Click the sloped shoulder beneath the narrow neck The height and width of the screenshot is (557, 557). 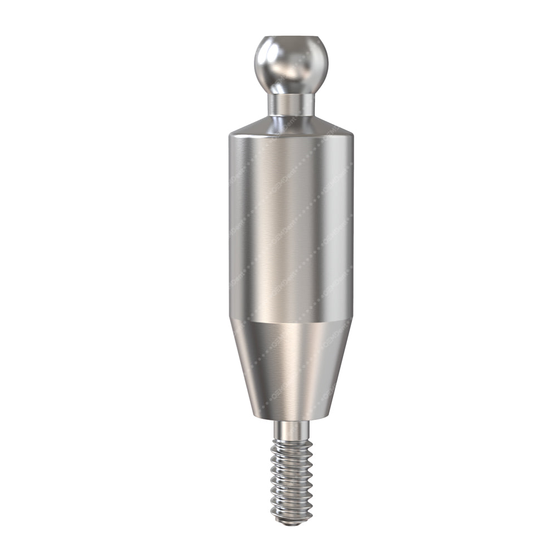(x=291, y=125)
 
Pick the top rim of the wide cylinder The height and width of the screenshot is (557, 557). (x=291, y=134)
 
